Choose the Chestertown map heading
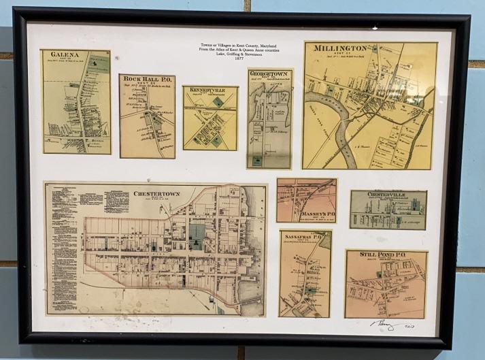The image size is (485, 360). [x=156, y=193]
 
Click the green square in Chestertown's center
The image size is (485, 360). [x=197, y=233]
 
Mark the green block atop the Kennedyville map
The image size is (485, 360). [x=217, y=101]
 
